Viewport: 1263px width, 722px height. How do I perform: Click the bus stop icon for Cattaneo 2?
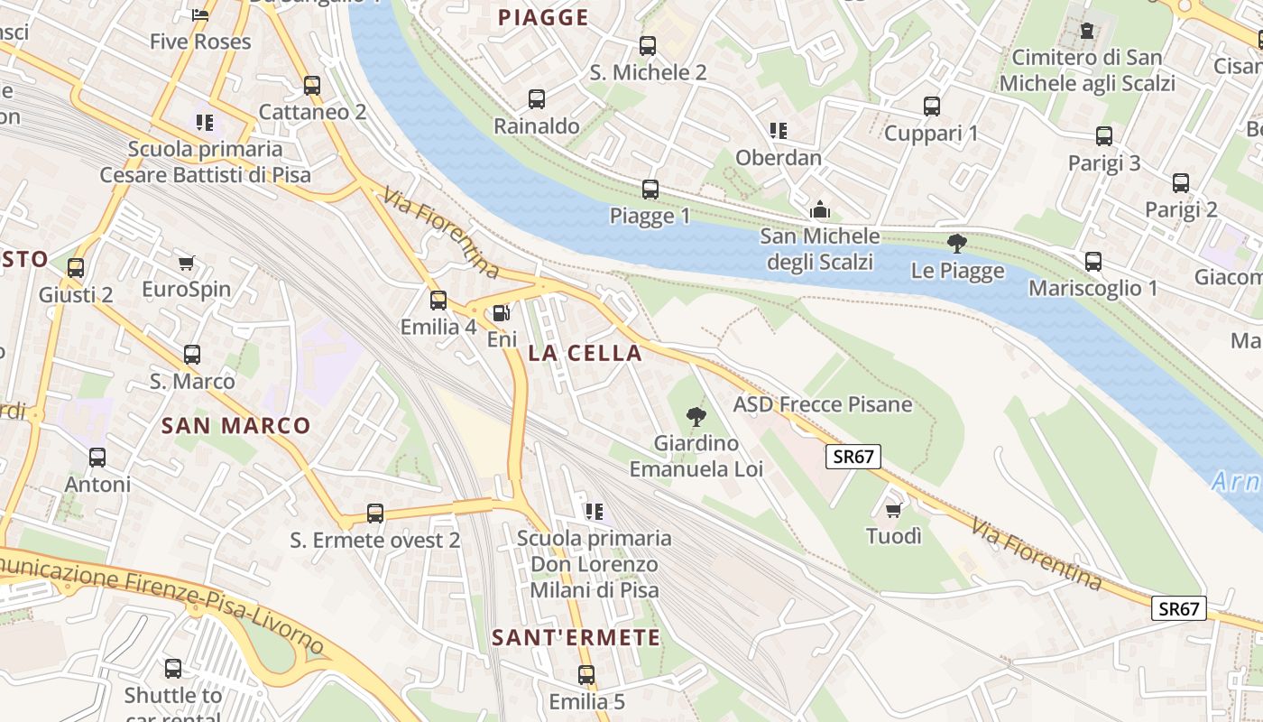point(312,86)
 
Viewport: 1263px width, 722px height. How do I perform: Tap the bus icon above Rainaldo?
point(537,99)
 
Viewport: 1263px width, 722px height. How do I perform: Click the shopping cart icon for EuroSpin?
point(186,264)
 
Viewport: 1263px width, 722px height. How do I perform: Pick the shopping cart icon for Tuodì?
point(894,511)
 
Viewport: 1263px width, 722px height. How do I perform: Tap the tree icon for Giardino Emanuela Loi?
point(696,417)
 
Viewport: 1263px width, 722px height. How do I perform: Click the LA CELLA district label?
point(585,353)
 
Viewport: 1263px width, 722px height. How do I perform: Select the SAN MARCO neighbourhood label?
point(235,426)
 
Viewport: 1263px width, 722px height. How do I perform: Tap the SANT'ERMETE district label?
point(576,638)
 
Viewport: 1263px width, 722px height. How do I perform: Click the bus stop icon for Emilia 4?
point(438,301)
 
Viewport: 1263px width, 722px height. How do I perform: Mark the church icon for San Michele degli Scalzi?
point(819,210)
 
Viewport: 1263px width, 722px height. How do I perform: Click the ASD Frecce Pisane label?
point(823,404)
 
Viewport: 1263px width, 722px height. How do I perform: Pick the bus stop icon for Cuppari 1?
point(932,106)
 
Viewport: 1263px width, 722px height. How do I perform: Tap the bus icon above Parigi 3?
point(1104,137)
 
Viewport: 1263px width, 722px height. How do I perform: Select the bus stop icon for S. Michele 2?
point(648,46)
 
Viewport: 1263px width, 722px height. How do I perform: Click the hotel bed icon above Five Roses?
point(200,14)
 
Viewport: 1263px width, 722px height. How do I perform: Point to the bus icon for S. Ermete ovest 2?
point(375,514)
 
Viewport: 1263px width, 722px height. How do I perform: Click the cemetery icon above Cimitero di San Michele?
point(1087,31)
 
